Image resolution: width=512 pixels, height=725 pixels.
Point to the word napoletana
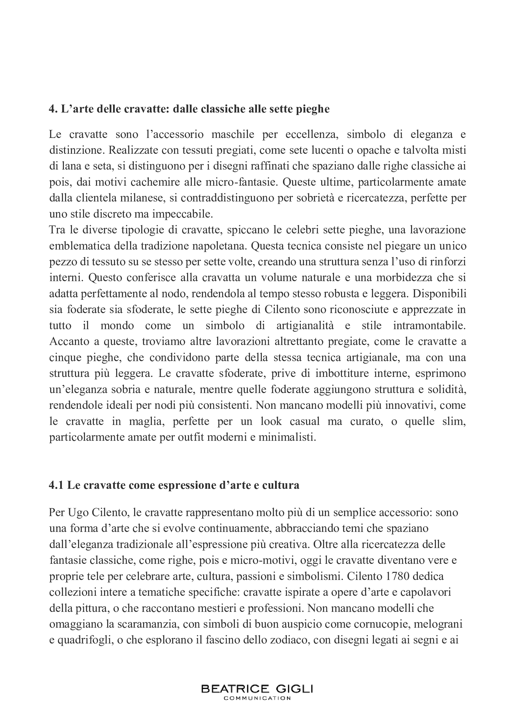pyautogui.click(x=221, y=246)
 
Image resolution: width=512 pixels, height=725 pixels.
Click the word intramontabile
pyautogui.click(x=429, y=325)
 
